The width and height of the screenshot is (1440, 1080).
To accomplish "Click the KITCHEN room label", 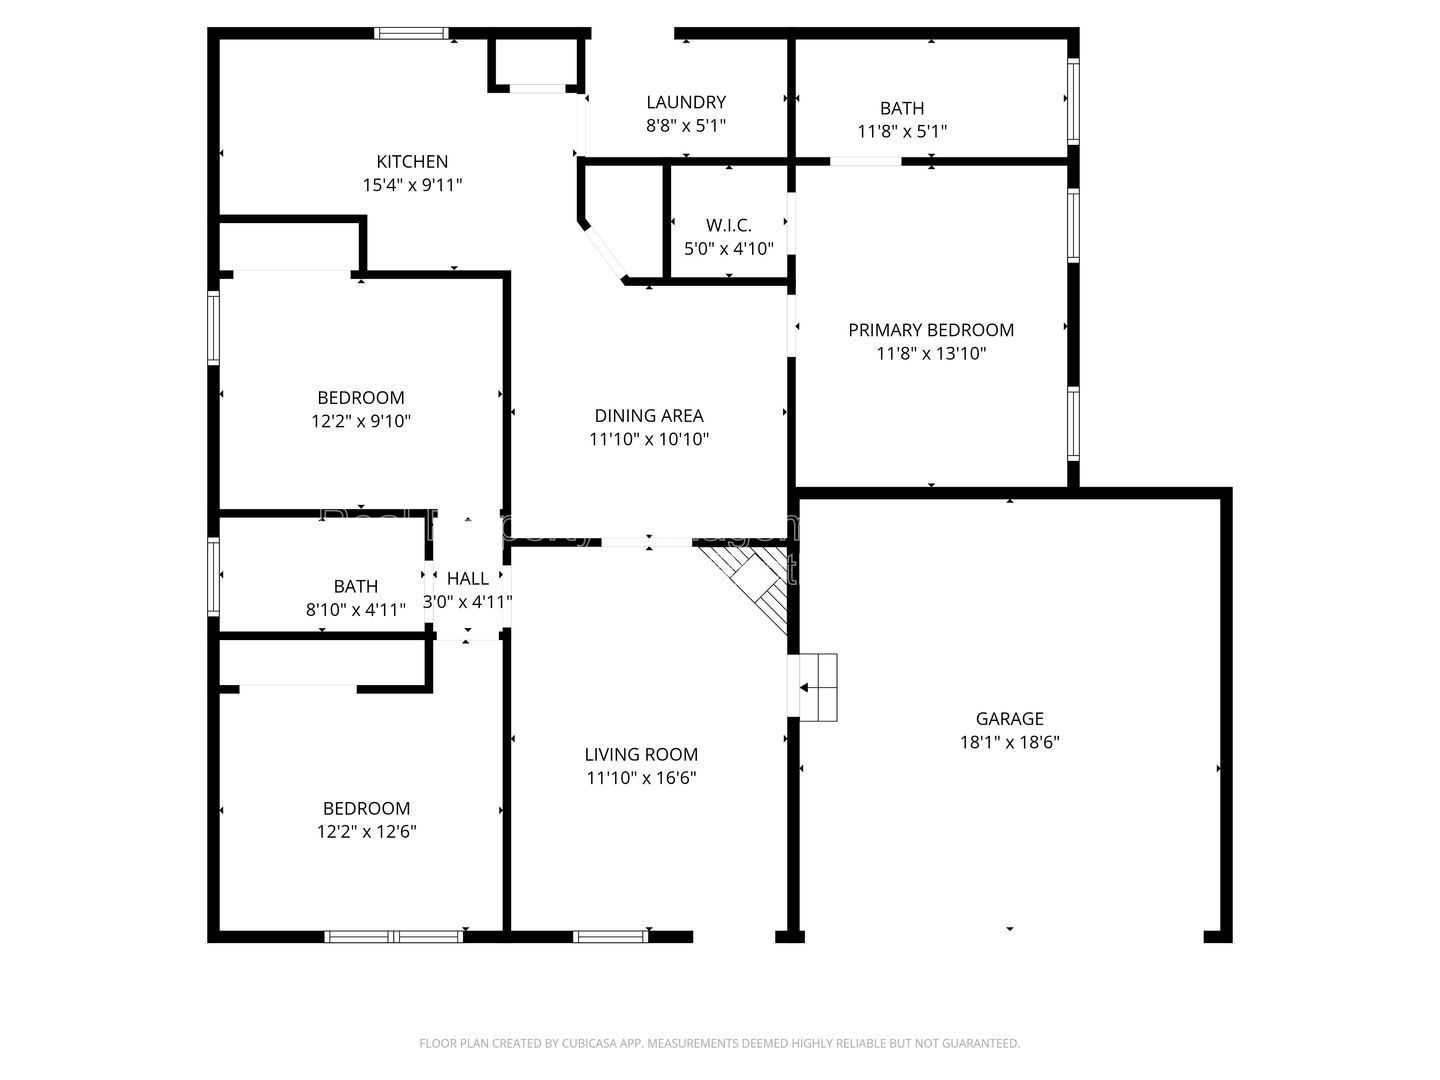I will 412,161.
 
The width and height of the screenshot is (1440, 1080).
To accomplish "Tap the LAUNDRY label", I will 686,102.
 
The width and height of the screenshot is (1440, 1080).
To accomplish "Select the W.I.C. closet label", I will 728,225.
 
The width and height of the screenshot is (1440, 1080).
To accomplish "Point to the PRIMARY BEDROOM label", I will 931,330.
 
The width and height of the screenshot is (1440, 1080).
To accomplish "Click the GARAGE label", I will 1009,718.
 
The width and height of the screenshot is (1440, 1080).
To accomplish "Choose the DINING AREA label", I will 649,415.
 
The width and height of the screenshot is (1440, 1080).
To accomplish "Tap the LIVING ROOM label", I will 641,754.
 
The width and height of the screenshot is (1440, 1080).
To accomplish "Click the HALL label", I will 467,578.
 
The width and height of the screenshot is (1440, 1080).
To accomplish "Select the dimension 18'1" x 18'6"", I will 1009,742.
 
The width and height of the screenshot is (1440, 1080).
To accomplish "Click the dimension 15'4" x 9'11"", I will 412,185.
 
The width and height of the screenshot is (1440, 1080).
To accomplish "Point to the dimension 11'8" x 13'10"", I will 931,353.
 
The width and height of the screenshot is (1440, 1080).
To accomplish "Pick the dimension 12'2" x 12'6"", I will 366,831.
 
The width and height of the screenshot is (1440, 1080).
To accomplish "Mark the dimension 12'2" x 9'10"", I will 361,421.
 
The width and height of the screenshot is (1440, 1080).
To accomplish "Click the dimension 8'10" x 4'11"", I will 356,609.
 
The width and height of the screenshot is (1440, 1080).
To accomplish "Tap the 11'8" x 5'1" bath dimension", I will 902,131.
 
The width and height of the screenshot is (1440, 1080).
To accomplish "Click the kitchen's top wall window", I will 411,33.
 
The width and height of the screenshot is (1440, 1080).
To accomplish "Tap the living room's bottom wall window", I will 610,936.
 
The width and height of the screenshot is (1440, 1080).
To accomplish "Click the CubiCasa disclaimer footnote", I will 719,1043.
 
